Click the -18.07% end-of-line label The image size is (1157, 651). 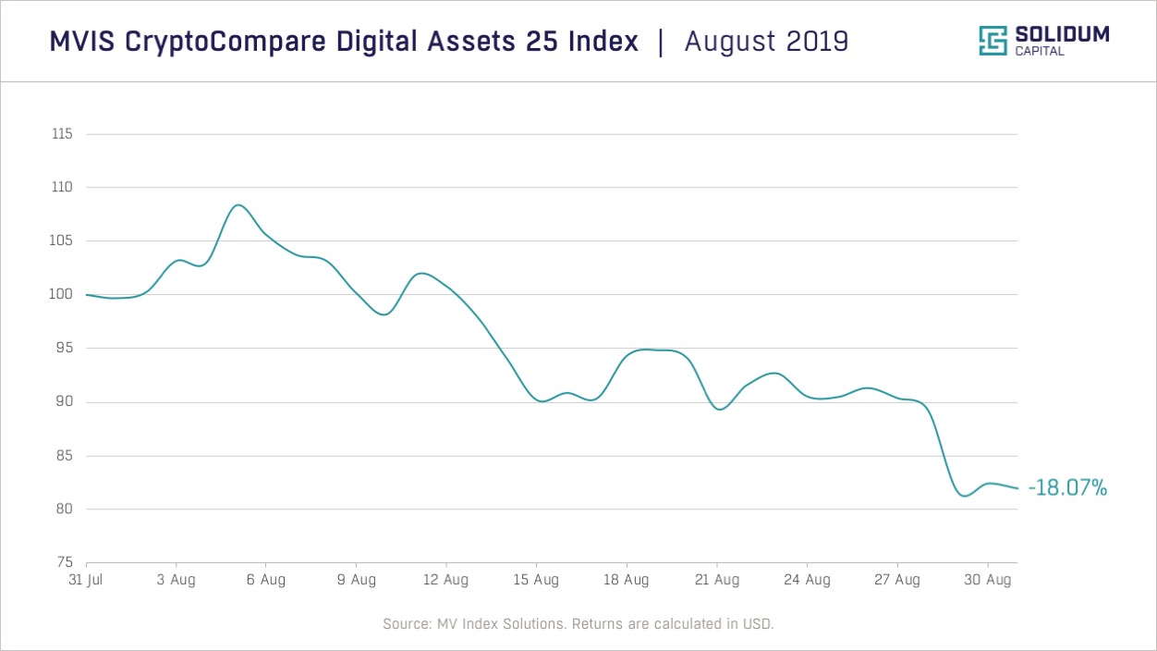(1066, 488)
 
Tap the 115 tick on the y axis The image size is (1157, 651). (61, 134)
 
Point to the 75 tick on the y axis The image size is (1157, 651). (64, 562)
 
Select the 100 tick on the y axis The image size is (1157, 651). (61, 295)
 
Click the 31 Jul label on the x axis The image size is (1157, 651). (86, 581)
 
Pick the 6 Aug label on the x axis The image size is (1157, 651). (265, 581)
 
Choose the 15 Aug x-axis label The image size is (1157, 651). (536, 581)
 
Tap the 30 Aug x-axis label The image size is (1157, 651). (988, 581)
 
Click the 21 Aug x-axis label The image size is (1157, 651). (717, 581)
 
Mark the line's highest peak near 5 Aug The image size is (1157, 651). (237, 204)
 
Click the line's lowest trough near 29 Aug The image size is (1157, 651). (963, 497)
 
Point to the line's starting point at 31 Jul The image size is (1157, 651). (87, 295)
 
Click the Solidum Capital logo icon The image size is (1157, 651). (993, 41)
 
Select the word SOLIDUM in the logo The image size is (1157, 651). (1062, 35)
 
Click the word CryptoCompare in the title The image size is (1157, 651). (212, 42)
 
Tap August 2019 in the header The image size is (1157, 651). (766, 42)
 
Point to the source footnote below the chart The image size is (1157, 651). (578, 624)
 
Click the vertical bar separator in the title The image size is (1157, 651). (661, 42)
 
